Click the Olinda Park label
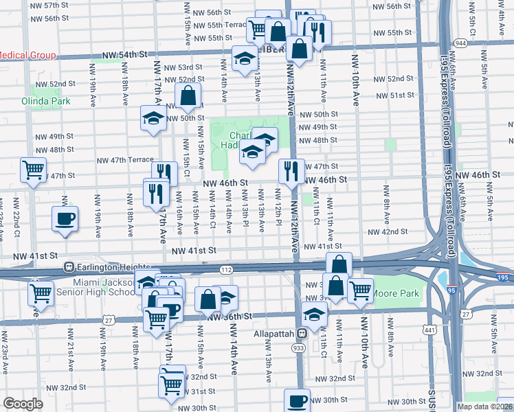click(x=50, y=101)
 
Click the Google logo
click(x=23, y=403)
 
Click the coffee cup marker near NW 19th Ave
click(x=65, y=220)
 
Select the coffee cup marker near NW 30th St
click(x=298, y=400)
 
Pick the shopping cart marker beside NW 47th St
click(x=33, y=170)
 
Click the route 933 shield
click(x=301, y=350)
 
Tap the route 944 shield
click(x=460, y=43)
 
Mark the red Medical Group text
click(x=21, y=55)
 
